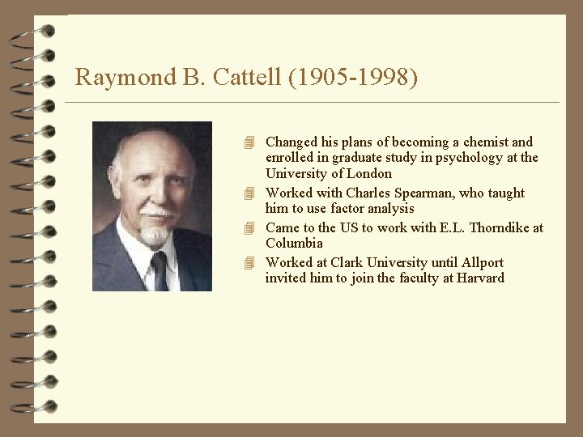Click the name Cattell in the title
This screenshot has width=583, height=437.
pyautogui.click(x=250, y=78)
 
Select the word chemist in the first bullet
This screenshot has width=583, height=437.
pyautogui.click(x=484, y=142)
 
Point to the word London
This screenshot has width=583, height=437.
pyautogui.click(x=371, y=173)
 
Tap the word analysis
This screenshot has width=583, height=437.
pyautogui.click(x=389, y=208)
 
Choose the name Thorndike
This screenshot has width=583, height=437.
pyautogui.click(x=499, y=227)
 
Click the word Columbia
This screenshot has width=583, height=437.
pyautogui.click(x=295, y=243)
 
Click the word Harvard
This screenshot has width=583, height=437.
pyautogui.click(x=479, y=278)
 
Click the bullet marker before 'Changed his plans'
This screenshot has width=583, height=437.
pyautogui.click(x=250, y=143)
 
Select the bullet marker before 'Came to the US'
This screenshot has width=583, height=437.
pyautogui.click(x=250, y=228)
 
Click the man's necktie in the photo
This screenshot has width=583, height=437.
pyautogui.click(x=160, y=271)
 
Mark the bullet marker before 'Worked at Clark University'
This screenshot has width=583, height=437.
pyautogui.click(x=250, y=263)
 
